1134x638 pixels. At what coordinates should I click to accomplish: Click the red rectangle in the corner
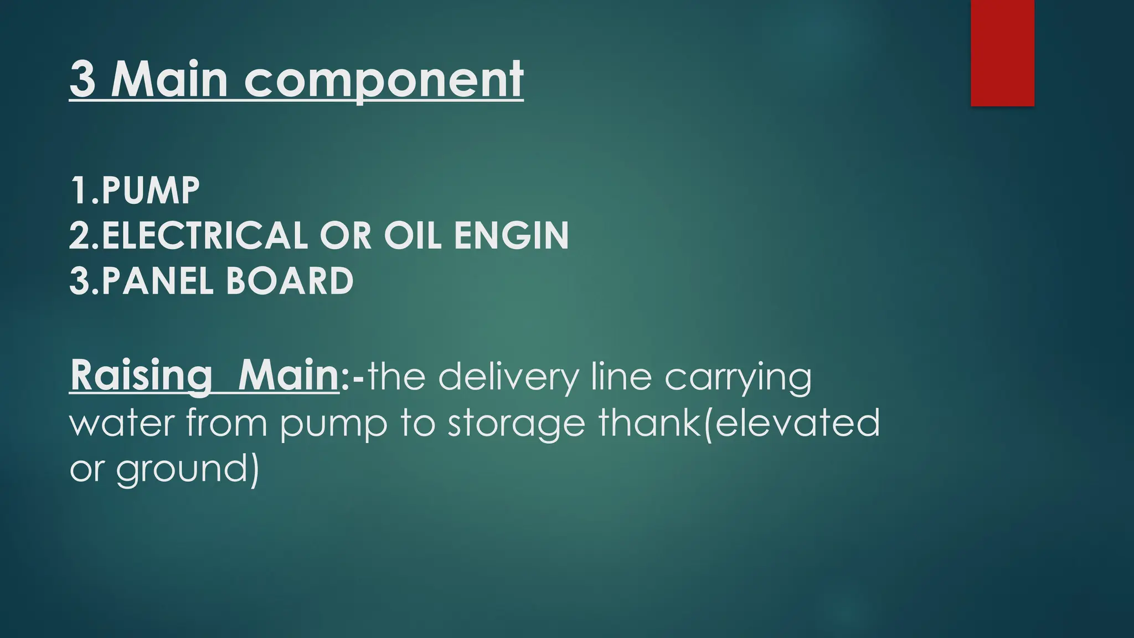1002,53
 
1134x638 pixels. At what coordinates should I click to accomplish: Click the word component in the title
383,80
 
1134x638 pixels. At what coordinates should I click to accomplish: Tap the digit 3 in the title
82,80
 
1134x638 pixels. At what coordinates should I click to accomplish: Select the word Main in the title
169,80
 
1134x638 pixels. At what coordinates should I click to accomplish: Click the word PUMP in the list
150,191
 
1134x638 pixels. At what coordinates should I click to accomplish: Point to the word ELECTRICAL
204,236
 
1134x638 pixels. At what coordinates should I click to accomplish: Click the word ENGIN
511,236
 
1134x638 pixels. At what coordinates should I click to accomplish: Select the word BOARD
290,281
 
